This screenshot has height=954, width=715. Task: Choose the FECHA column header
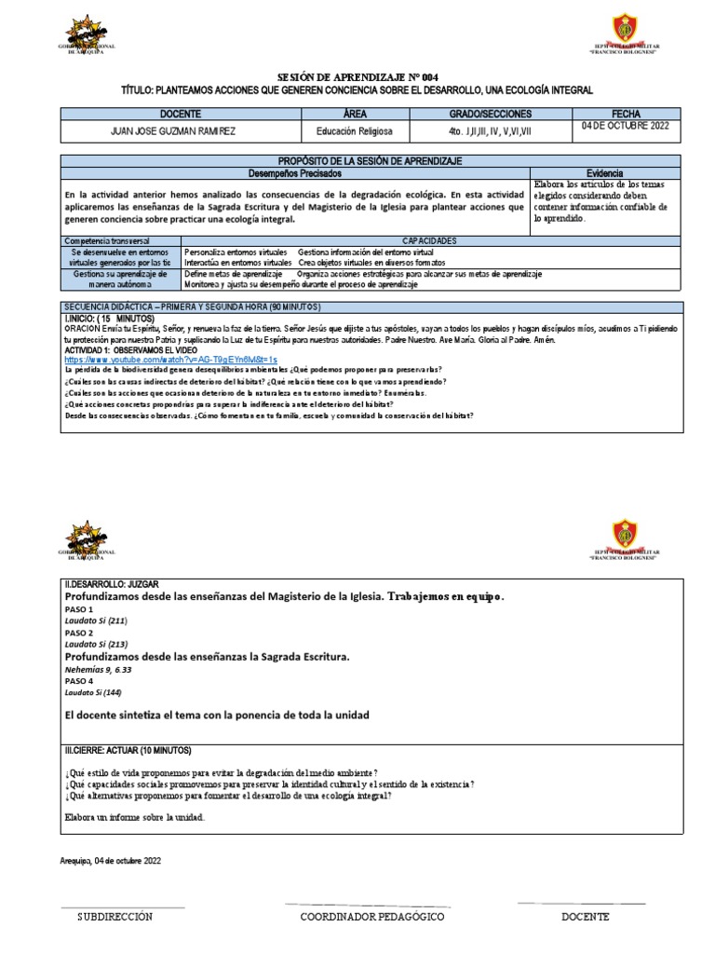[622, 114]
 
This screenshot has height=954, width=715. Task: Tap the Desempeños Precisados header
[295, 173]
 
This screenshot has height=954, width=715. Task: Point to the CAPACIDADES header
[429, 240]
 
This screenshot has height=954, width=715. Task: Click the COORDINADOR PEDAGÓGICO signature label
[372, 917]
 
